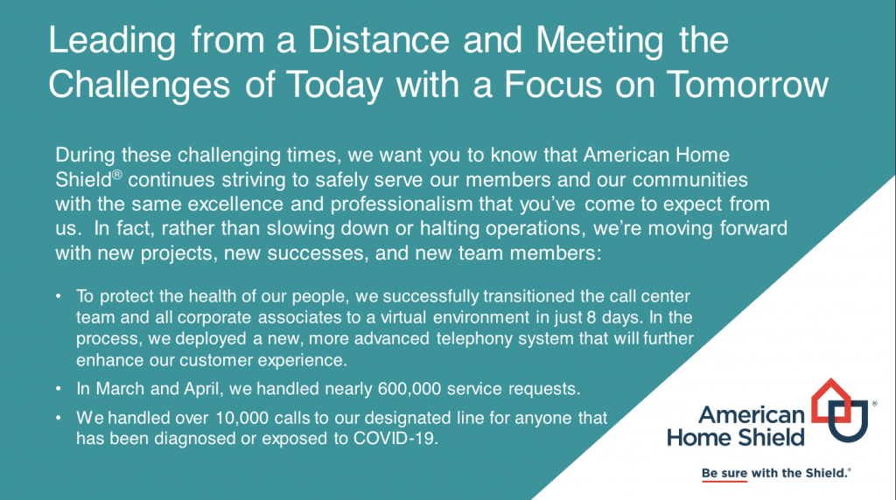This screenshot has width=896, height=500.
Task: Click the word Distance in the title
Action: coord(379,40)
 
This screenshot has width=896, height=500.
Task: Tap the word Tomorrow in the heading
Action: coord(747,85)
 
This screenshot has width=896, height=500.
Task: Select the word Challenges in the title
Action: coord(139,86)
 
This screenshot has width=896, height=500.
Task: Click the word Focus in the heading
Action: coord(553,85)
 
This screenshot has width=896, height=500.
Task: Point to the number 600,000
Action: coord(409,389)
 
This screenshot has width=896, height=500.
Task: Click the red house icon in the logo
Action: coord(831,399)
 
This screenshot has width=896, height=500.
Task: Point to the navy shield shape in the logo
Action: coord(849,422)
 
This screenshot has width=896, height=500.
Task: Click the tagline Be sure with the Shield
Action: coord(775,473)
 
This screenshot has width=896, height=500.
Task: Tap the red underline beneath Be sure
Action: coord(724,481)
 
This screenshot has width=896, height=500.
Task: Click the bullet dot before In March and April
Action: coord(59,389)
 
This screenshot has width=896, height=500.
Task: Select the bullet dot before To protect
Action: coord(59,296)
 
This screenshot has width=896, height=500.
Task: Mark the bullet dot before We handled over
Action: coord(59,418)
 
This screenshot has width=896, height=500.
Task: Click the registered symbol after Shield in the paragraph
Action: coord(117,175)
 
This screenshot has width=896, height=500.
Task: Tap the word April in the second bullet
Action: coord(202,389)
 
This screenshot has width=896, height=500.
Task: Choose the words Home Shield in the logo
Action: coord(736,438)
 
